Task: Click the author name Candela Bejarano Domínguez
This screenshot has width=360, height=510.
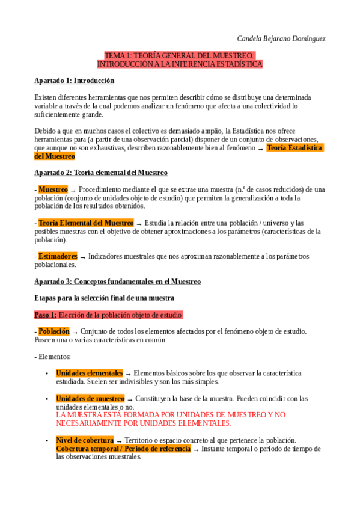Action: click(281, 38)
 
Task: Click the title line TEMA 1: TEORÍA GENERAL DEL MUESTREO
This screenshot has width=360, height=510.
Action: click(180, 55)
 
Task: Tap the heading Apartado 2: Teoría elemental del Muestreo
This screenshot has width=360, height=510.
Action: click(100, 173)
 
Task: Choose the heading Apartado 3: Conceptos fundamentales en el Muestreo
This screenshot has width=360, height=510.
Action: click(117, 281)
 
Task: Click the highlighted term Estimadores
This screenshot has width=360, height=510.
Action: click(58, 256)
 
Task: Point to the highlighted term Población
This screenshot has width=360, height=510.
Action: click(54, 331)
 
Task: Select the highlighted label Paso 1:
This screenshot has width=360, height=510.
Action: click(46, 315)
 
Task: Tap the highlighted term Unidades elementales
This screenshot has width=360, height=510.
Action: click(89, 373)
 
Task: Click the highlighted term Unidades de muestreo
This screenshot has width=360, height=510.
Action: click(90, 399)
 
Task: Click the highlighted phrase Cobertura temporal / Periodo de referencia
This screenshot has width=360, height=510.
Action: click(123, 449)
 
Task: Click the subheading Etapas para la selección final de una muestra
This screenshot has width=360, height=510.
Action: click(104, 298)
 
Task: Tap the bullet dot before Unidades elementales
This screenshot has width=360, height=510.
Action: click(47, 373)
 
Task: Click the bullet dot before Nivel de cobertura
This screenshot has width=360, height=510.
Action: click(47, 441)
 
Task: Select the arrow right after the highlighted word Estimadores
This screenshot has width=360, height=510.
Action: click(82, 257)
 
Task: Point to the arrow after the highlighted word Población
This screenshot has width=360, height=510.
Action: click(75, 332)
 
